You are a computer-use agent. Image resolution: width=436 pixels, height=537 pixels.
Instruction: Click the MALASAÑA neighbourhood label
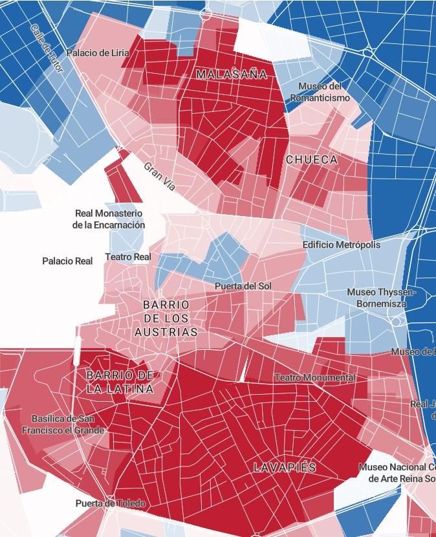tap(232, 74)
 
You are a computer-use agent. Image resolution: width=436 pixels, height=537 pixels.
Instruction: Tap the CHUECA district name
tap(312, 159)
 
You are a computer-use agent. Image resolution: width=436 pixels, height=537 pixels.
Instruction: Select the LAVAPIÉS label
tap(285, 467)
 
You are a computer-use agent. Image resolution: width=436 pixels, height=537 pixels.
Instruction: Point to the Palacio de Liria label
tap(98, 53)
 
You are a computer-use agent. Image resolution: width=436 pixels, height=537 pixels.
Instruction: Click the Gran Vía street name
tap(160, 176)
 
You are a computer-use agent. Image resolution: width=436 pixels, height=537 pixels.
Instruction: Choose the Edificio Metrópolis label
tap(342, 245)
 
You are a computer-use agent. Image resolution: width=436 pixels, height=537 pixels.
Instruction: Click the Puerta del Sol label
tap(243, 286)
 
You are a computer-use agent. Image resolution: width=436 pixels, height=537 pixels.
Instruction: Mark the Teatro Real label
tap(128, 257)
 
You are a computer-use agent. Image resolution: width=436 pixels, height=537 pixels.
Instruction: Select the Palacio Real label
tap(67, 261)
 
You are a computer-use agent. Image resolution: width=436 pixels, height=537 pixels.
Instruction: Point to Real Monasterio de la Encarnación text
tap(109, 219)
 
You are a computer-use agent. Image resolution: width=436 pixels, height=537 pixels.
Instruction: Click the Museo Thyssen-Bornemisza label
tap(382, 298)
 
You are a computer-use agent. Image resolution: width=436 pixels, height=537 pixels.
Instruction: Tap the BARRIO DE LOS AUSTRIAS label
tap(166, 318)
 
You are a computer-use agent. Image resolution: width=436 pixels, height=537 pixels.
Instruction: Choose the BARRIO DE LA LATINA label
tap(120, 382)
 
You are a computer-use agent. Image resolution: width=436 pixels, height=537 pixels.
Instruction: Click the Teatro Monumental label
tap(314, 377)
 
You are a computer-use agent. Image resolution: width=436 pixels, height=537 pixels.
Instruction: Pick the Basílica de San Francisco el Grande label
tap(63, 424)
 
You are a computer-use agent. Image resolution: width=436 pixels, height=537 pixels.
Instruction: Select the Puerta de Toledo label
tap(110, 503)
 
